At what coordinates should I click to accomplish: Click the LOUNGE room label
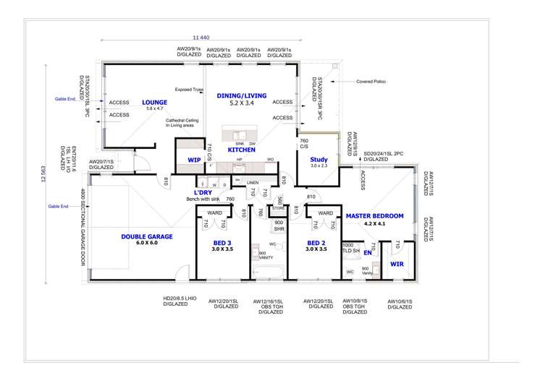154,103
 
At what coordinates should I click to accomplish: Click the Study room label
319,159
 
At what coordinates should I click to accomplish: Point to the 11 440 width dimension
201,37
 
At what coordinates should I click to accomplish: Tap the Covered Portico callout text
371,82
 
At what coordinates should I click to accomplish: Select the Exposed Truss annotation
188,90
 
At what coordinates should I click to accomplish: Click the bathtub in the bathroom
268,272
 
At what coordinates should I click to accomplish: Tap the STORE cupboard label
279,208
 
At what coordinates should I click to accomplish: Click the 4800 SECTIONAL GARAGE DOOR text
84,227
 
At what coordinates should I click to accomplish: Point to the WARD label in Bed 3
214,213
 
